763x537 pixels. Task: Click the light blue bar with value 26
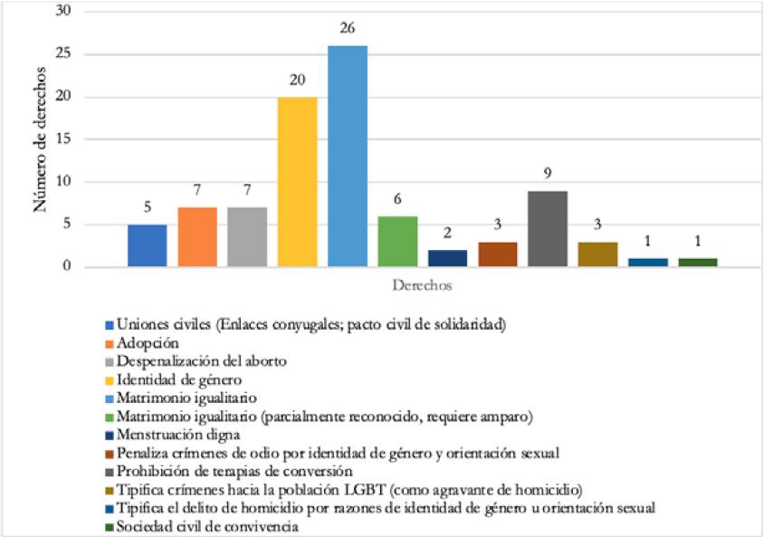(x=348, y=156)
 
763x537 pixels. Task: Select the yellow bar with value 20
(x=297, y=181)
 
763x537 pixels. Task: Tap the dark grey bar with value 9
(x=548, y=228)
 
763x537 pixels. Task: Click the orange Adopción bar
(x=196, y=236)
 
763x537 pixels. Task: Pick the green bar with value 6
(x=397, y=241)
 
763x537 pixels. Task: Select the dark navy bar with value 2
(x=447, y=258)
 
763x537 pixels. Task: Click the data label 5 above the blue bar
(x=147, y=206)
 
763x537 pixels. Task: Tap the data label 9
(x=548, y=173)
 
